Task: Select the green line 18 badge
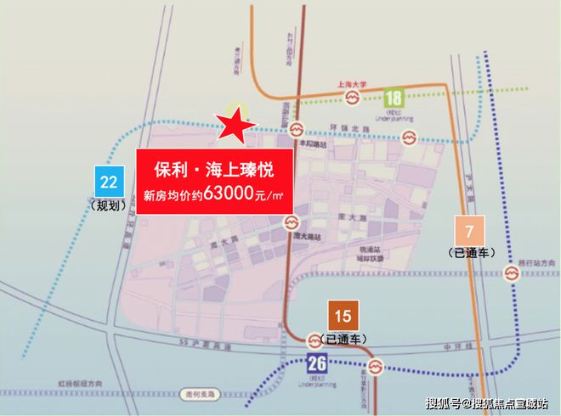pyautogui.click(x=394, y=98)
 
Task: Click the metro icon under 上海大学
pyautogui.click(x=351, y=99)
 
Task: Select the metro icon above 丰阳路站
pyautogui.click(x=295, y=129)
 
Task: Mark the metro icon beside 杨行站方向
pyautogui.click(x=512, y=273)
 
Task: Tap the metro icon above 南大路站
pyautogui.click(x=290, y=222)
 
